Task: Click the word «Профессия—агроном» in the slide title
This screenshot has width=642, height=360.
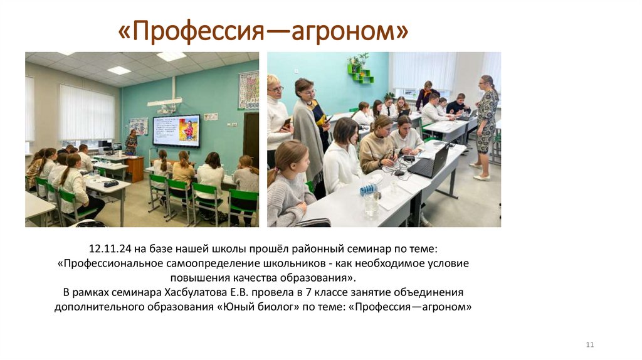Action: pyautogui.click(x=263, y=31)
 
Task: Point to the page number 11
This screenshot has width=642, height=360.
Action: pyautogui.click(x=589, y=345)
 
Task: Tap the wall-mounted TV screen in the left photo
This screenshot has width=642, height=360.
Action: pyautogui.click(x=176, y=130)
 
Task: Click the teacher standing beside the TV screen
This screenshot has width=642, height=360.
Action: pyautogui.click(x=131, y=143)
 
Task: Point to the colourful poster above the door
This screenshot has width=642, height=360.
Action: pyautogui.click(x=248, y=90)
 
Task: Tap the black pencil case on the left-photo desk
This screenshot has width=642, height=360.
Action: pyautogui.click(x=111, y=183)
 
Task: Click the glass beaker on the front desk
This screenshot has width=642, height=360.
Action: pyautogui.click(x=372, y=204)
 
